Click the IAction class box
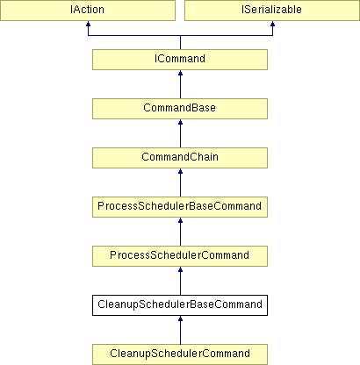88,11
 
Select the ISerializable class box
272,11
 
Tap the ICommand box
180,60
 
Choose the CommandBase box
180,109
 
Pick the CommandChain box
180,158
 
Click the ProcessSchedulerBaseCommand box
180,207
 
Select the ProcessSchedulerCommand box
180,256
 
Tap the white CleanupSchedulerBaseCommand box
180,305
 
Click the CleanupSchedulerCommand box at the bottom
180,354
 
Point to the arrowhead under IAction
88,24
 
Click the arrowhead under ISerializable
272,24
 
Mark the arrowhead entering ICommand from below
180,73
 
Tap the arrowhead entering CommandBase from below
180,122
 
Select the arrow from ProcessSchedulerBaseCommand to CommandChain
180,182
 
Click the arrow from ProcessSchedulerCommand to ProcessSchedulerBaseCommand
180,232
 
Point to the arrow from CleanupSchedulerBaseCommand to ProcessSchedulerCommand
180,281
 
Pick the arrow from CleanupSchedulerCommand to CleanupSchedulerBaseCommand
180,330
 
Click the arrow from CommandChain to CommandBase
180,133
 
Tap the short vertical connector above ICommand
180,42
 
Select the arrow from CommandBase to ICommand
180,84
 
